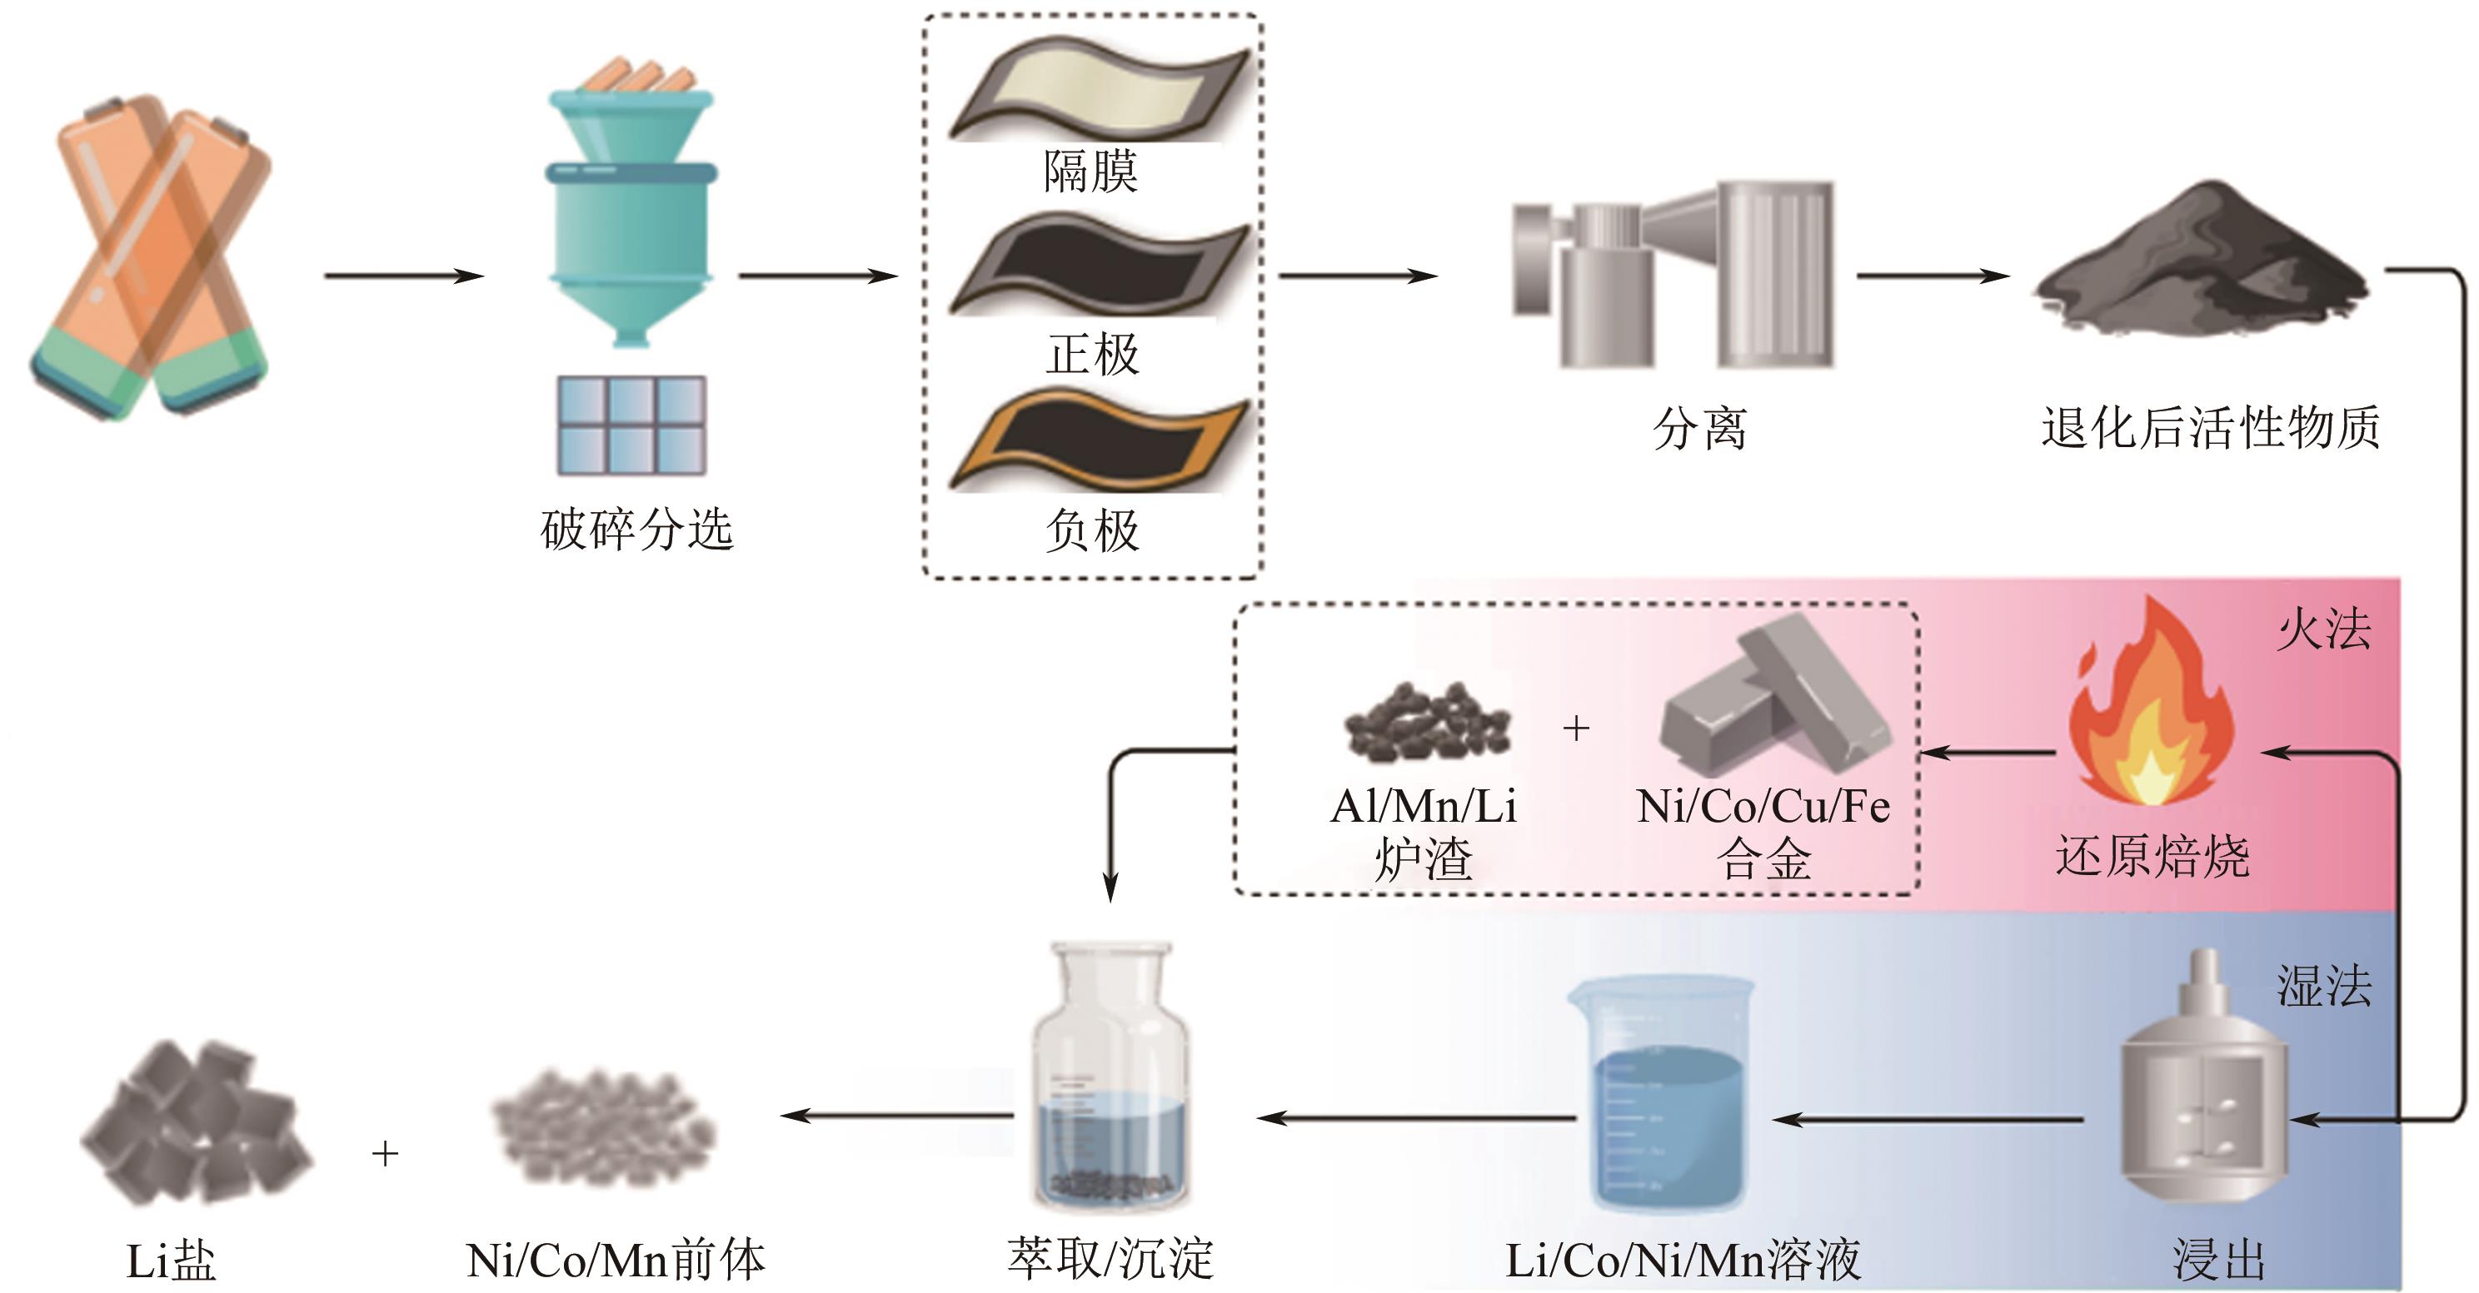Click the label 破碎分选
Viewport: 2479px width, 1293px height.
(637, 530)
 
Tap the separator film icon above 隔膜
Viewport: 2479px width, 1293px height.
(1097, 89)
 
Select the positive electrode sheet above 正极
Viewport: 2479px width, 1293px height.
(1097, 266)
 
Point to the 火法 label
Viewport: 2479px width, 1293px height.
(2323, 630)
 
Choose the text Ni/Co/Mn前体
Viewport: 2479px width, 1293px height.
(616, 1261)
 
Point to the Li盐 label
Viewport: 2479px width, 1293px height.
(172, 1261)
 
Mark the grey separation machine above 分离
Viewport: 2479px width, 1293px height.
(1674, 274)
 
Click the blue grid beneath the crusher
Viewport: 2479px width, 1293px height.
(631, 425)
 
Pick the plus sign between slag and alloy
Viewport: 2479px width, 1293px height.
(1576, 729)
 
